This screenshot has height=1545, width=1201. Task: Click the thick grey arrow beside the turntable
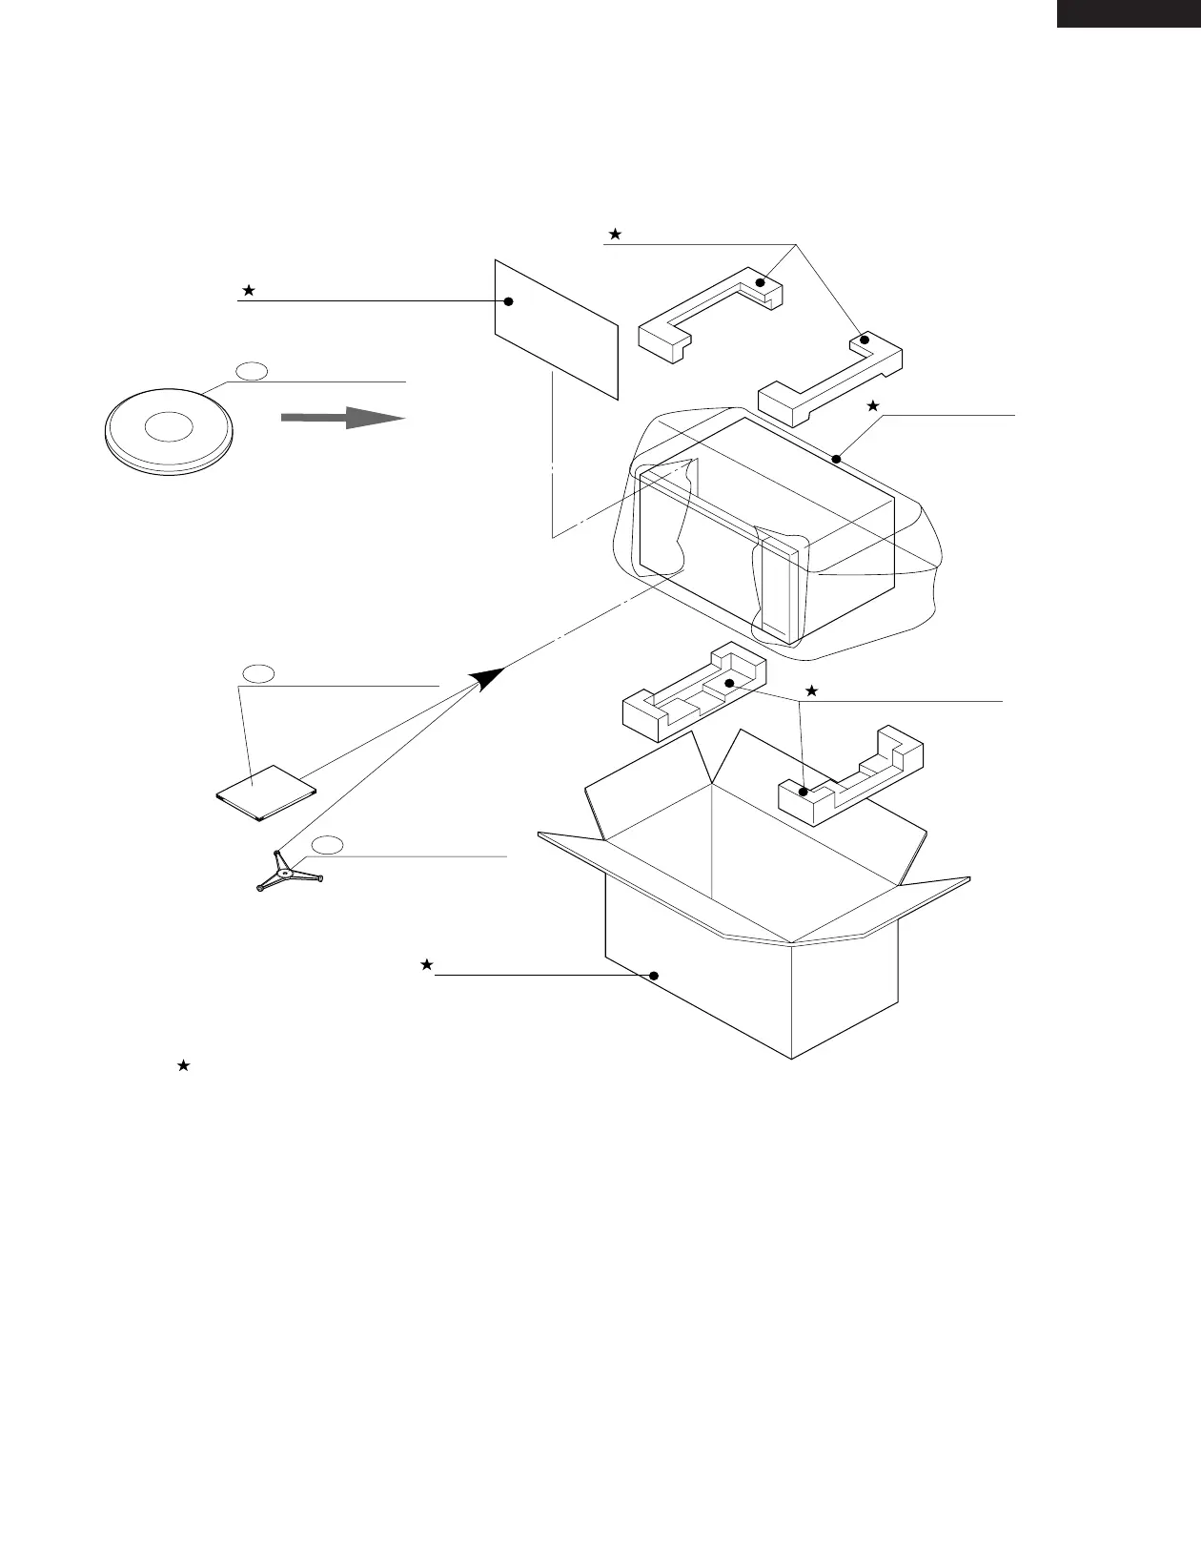[x=342, y=418]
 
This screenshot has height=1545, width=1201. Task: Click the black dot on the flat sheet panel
[x=509, y=301]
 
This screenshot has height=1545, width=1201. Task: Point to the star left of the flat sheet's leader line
[x=248, y=290]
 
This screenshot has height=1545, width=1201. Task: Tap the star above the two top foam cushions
[x=615, y=234]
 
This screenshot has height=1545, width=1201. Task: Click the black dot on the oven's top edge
[x=836, y=460]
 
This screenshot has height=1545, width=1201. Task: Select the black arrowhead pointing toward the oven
[x=487, y=678]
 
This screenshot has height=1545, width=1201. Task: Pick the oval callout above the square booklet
[x=258, y=673]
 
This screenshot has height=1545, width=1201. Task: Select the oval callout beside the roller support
[x=328, y=843]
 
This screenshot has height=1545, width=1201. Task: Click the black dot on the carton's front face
[x=654, y=975]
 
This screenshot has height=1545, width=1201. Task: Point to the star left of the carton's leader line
[x=427, y=965]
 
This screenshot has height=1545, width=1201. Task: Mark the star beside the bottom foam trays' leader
[x=811, y=690]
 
